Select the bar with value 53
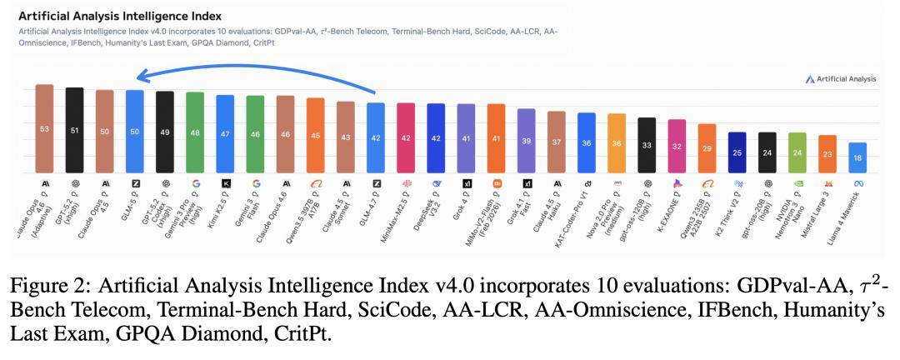tap(44, 128)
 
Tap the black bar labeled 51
tap(74, 130)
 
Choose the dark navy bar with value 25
tap(736, 152)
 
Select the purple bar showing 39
tap(526, 141)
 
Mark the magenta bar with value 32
tap(676, 146)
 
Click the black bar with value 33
tap(646, 145)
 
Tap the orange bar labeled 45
tap(315, 135)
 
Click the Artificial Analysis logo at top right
tap(841, 79)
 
